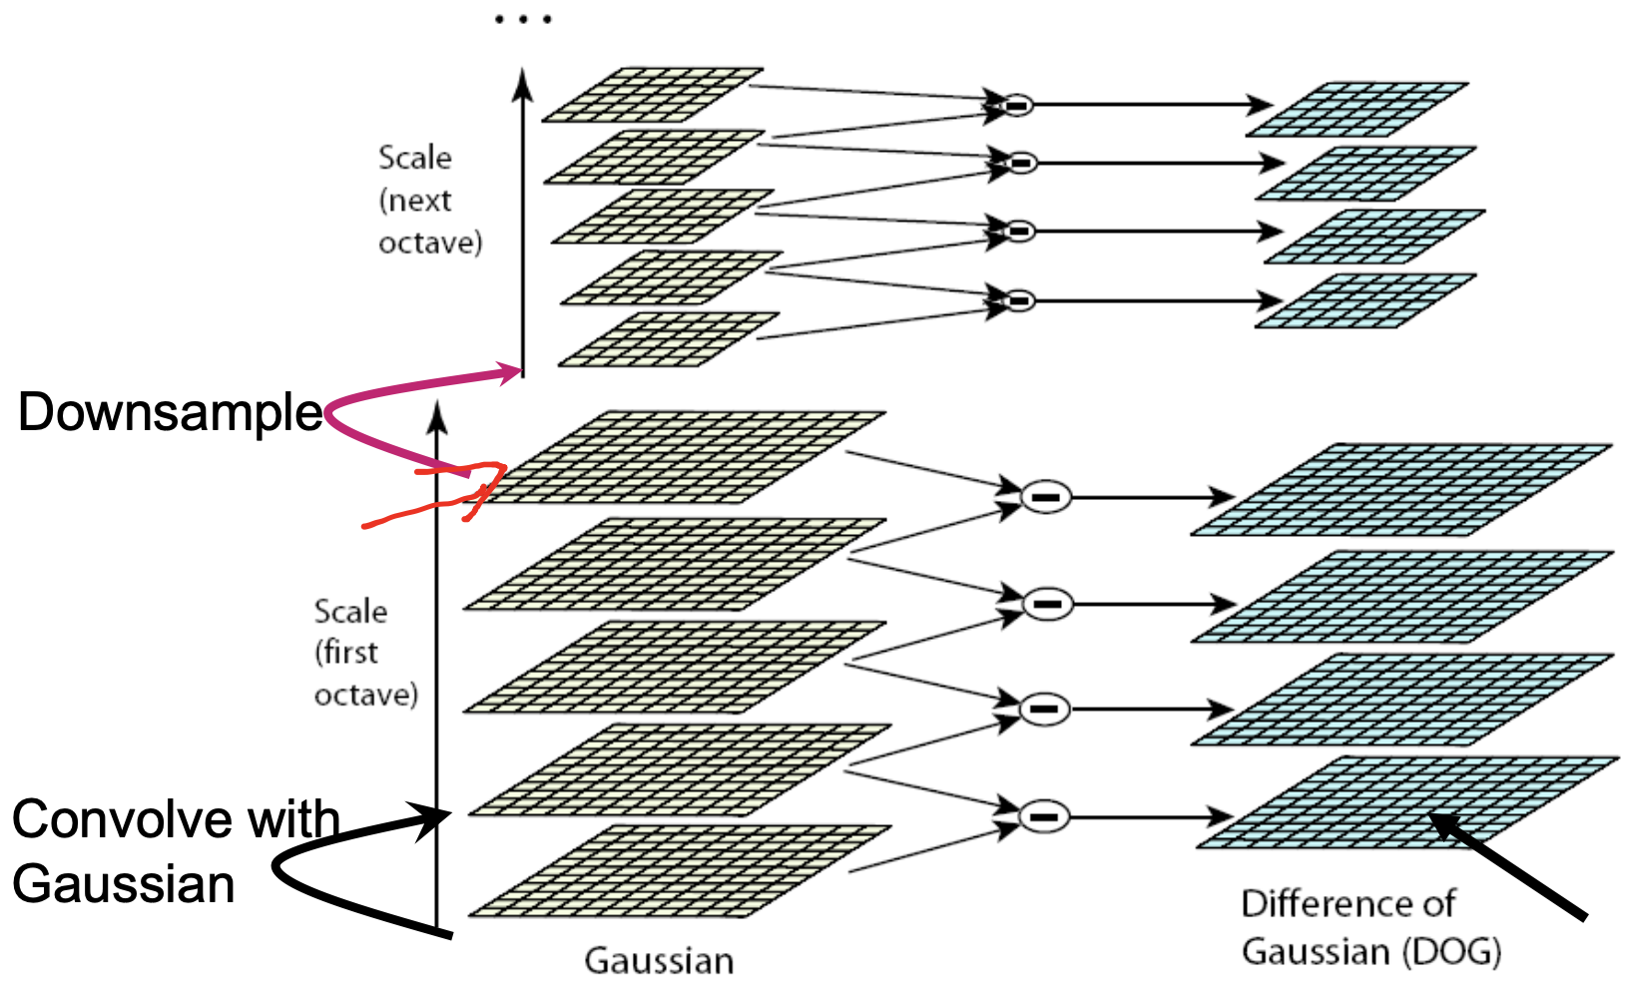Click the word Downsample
point(170,412)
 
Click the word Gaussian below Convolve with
point(124,884)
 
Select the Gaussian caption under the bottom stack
point(659,960)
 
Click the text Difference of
point(1348,904)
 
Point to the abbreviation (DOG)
point(1451,951)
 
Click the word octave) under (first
point(366,695)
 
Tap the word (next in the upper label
point(415,201)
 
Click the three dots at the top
point(523,19)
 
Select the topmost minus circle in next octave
point(1016,104)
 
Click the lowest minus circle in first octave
point(1044,816)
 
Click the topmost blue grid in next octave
point(1358,110)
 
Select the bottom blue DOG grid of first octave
point(1407,803)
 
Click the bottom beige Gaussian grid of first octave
point(679,871)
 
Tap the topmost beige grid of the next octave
point(653,95)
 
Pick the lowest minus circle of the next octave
point(1018,299)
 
